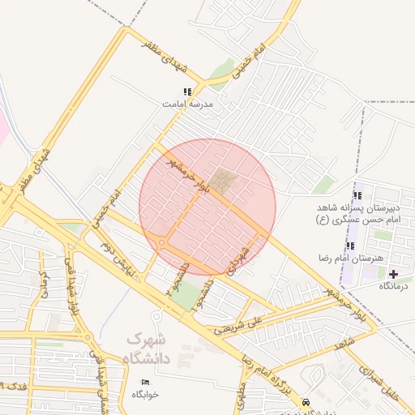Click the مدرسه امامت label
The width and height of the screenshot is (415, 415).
(187, 105)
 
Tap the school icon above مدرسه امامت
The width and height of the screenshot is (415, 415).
(188, 92)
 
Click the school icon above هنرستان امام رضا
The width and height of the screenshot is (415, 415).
(350, 246)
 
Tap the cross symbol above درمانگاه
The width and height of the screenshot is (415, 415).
(394, 275)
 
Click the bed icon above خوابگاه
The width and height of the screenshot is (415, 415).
(146, 382)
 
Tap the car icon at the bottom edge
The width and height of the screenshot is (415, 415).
(305, 402)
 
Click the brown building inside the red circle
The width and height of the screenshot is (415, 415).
(225, 180)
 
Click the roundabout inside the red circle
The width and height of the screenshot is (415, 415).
(163, 243)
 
